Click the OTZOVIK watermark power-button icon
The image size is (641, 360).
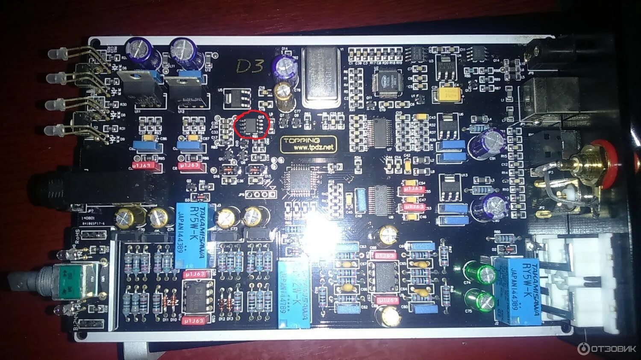(x=583, y=348)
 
